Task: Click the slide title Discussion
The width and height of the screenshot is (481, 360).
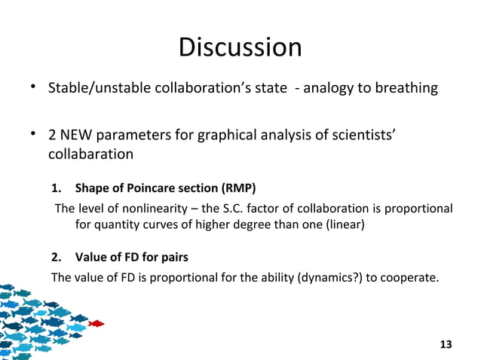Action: click(240, 47)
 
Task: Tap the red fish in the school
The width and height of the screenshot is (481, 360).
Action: click(96, 324)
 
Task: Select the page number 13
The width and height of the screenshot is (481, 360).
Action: click(446, 344)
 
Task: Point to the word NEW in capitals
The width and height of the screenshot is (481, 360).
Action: click(81, 136)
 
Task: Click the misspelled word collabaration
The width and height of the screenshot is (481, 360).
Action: click(91, 154)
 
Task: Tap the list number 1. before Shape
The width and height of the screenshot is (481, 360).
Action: click(55, 188)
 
